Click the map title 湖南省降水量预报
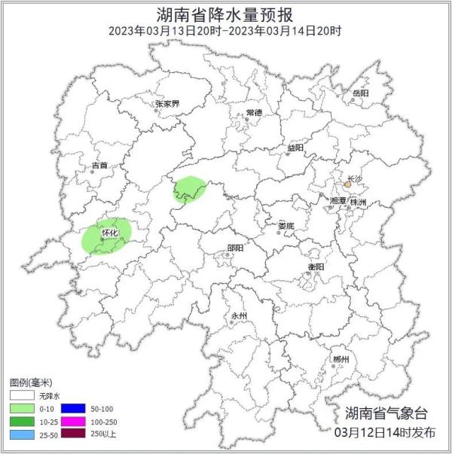(225, 14)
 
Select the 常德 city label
(253, 112)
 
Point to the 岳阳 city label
(360, 93)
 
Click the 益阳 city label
(295, 148)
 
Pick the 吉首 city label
(99, 165)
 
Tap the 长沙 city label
(353, 177)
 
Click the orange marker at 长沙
(347, 184)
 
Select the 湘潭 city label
(337, 201)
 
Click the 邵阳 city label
(235, 248)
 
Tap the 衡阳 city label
(316, 267)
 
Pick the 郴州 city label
(341, 360)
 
